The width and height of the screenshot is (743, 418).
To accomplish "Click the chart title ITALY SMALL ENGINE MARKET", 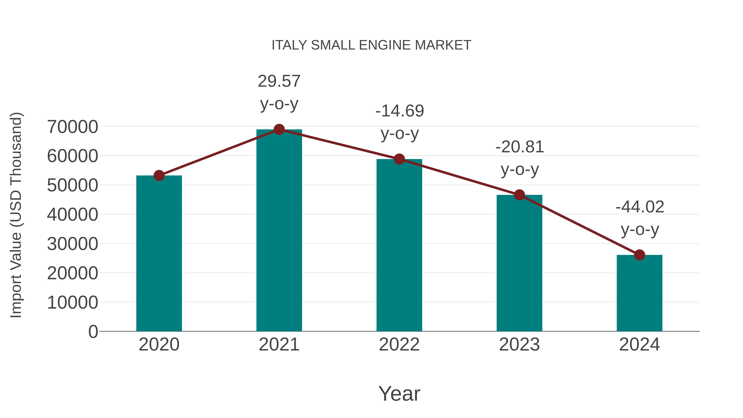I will tap(371, 45).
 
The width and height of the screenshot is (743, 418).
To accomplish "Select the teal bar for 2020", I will tap(159, 254).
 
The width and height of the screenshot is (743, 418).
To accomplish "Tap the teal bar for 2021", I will tap(279, 231).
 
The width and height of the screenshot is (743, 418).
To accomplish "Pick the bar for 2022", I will tap(399, 245).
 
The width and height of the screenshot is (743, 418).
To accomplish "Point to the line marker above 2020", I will tap(159, 175).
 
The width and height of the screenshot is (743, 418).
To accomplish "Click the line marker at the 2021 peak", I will tap(279, 129).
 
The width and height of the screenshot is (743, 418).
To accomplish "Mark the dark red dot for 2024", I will tap(639, 255).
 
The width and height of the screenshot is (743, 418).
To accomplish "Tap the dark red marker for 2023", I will tap(519, 195).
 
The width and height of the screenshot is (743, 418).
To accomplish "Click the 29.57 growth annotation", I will tap(279, 81).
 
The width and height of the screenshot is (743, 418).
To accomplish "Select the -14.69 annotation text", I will tap(400, 111).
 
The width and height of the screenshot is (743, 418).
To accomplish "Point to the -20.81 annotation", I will tap(519, 147).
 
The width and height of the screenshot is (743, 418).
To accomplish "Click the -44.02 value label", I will tap(640, 207).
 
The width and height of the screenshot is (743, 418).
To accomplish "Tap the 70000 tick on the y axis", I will tap(72, 127).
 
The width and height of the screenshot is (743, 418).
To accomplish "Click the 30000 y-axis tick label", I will tap(72, 244).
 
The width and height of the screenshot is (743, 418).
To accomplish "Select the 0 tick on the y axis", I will tap(93, 332).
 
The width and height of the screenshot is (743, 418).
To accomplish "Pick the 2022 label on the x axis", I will tap(399, 345).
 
